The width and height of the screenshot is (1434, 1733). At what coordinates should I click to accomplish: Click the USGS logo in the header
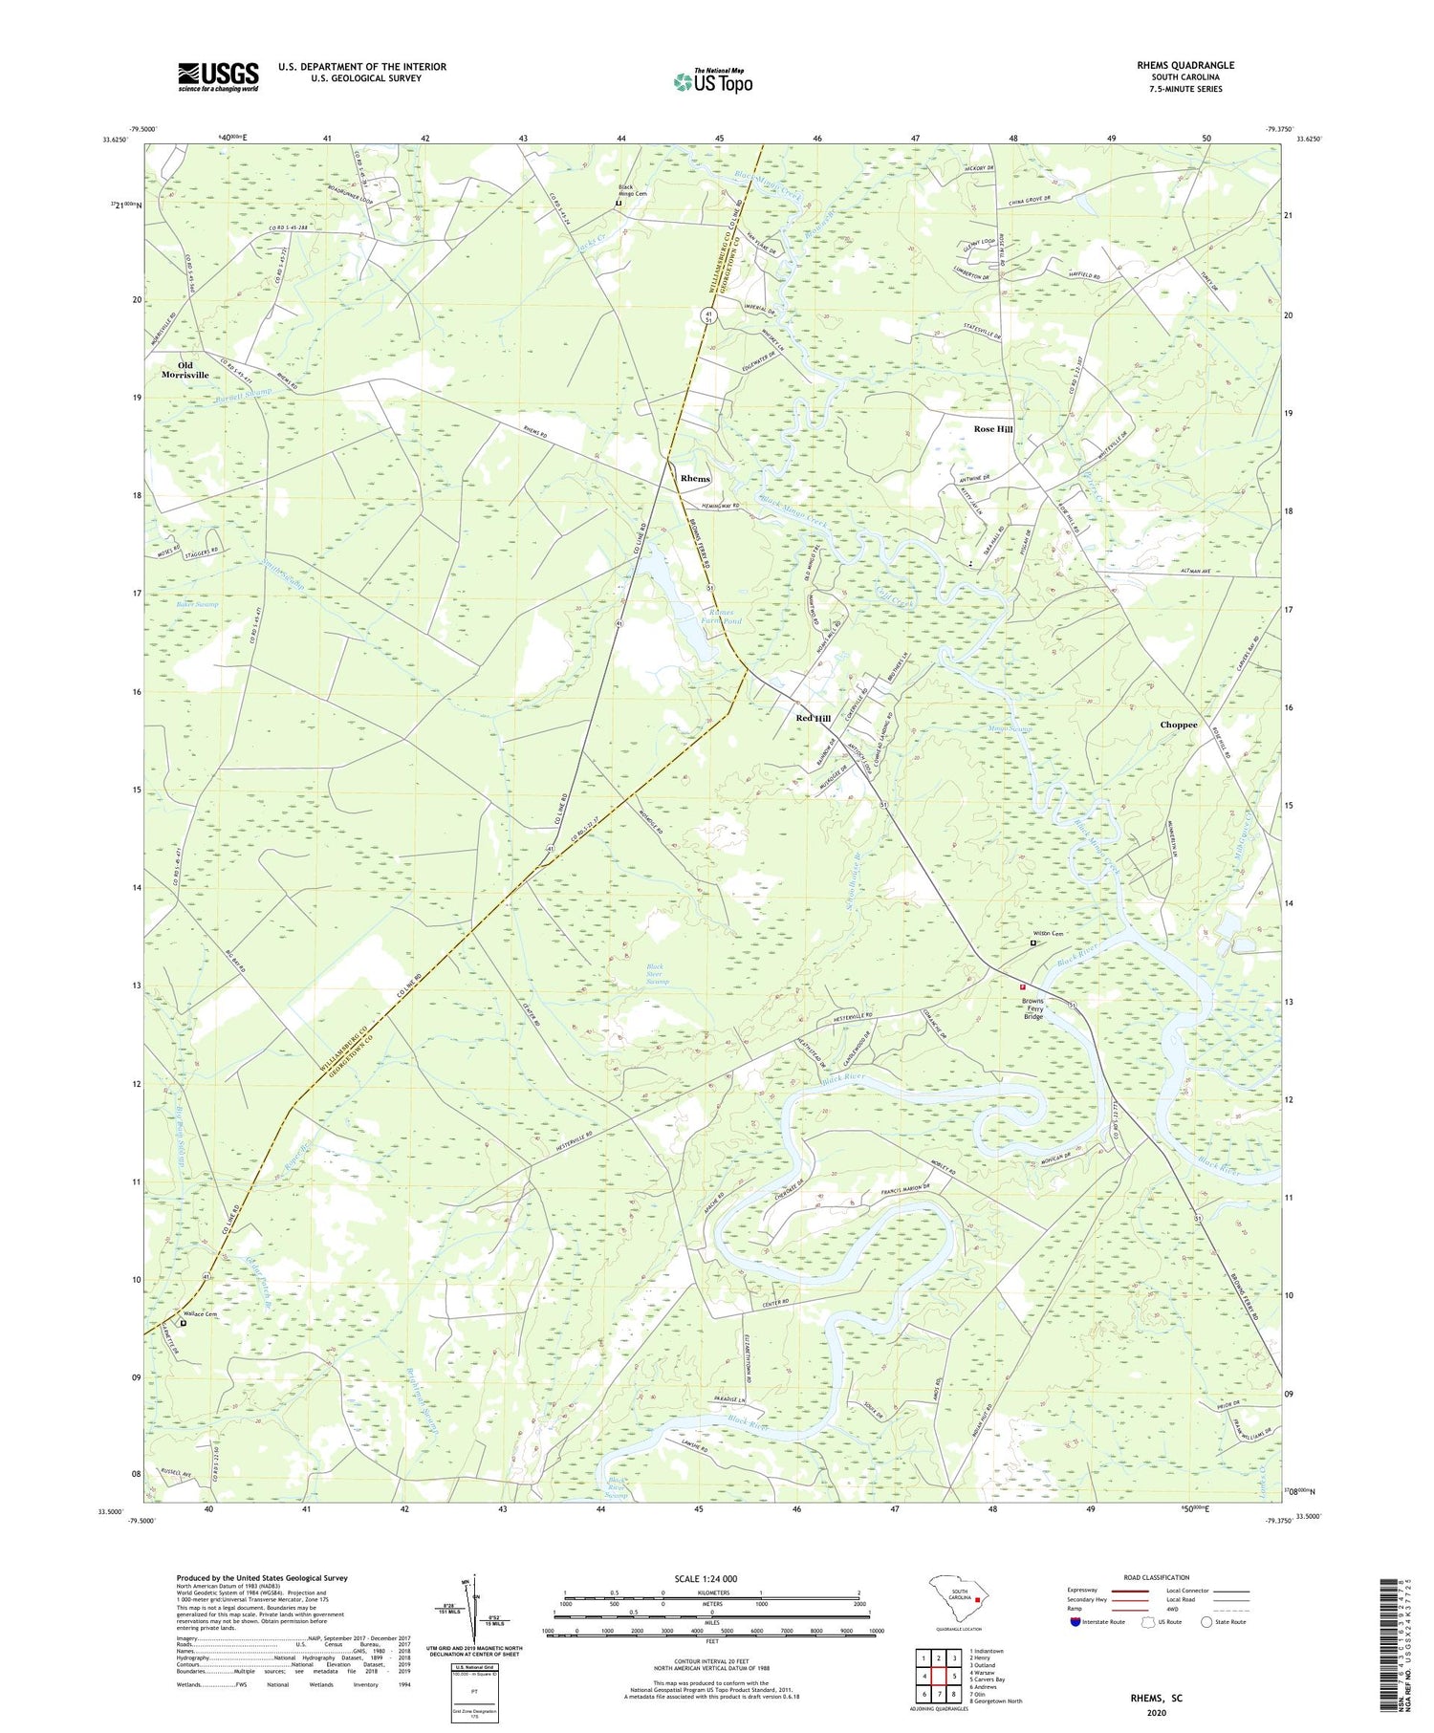point(218,76)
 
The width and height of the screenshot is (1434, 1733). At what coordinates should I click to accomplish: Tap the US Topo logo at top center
point(712,82)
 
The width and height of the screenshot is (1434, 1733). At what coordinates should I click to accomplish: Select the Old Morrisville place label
point(185,370)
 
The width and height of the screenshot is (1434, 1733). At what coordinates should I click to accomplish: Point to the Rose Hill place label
point(993,429)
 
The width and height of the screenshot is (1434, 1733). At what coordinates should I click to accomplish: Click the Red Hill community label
point(814,718)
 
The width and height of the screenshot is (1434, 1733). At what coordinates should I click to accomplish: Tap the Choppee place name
point(1178,725)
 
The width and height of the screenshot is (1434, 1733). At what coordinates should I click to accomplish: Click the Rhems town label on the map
point(695,478)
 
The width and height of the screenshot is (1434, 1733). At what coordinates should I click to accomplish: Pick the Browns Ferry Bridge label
point(1033,1008)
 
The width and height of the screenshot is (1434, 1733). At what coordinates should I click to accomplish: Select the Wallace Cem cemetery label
point(201,1314)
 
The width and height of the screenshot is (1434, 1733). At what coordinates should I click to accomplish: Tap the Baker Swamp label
point(197,604)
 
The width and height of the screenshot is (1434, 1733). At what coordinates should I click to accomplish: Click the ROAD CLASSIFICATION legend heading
point(1157,1577)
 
